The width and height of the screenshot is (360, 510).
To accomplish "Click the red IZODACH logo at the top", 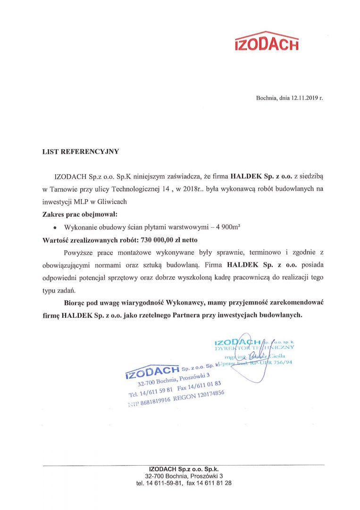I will coord(266,42).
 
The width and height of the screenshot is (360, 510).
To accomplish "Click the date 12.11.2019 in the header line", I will coord(298,98).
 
